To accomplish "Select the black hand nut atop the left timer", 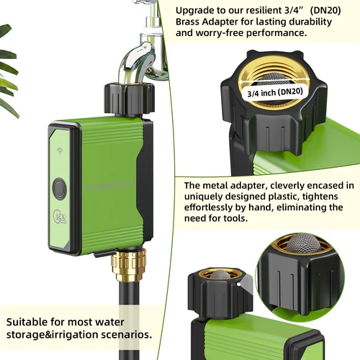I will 130,101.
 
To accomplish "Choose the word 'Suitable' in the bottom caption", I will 30,320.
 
